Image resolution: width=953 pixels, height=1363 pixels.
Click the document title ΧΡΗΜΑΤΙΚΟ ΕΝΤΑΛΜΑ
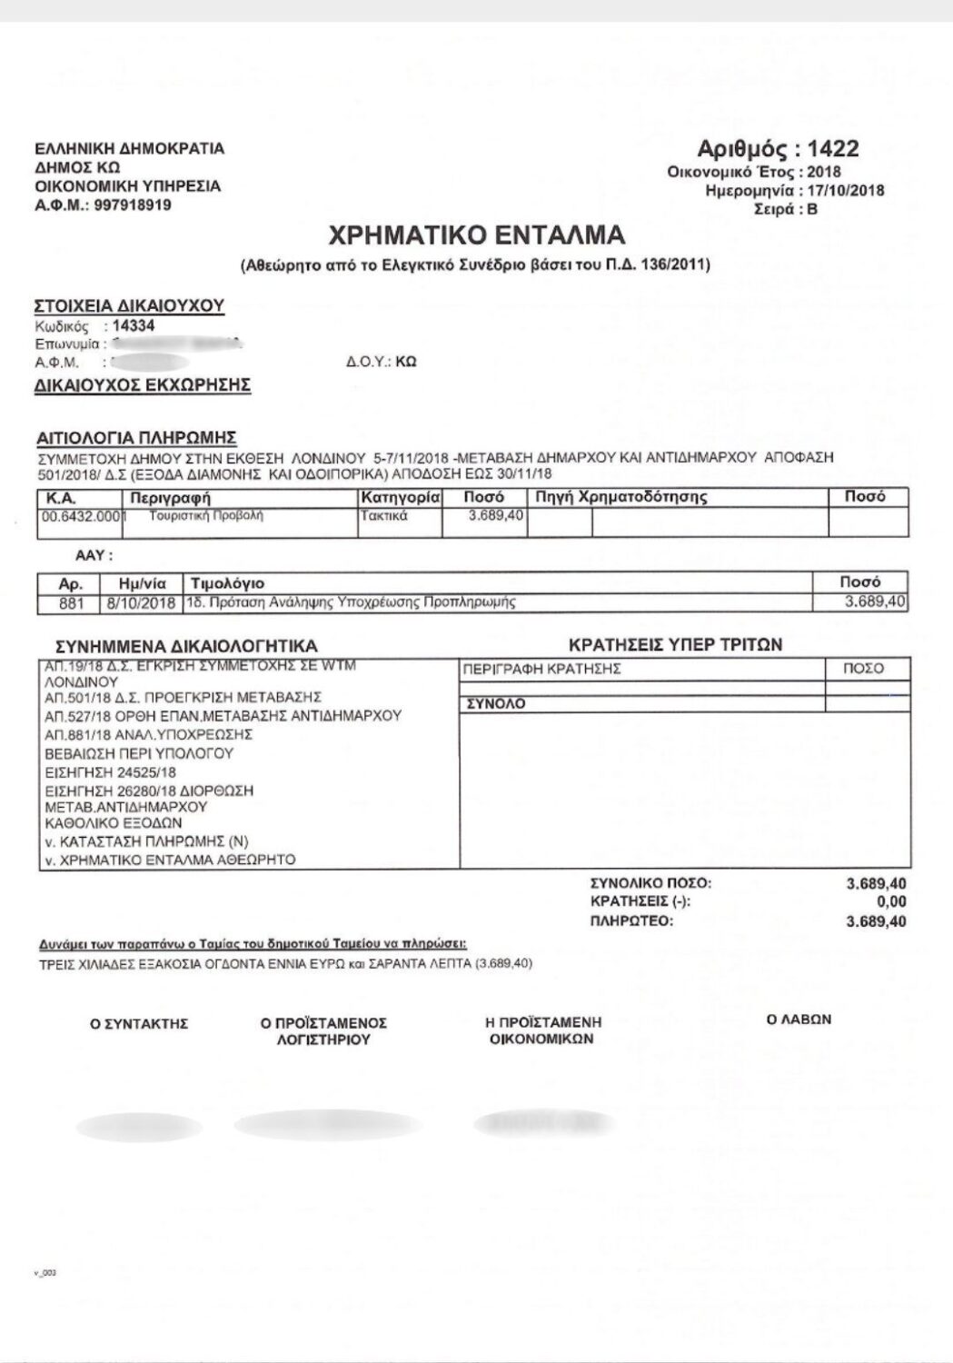476,235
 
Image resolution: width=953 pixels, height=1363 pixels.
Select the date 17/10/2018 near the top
847,191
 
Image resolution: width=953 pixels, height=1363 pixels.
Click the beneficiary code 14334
134,325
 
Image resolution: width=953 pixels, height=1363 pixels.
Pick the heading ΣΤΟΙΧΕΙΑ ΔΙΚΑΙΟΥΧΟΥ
128,305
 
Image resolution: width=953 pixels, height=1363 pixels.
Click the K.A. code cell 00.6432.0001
80,516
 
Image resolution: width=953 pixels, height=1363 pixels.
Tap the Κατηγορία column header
401,498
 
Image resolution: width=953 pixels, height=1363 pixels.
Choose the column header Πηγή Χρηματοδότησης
621,498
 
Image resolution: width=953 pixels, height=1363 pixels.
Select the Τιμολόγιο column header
226,583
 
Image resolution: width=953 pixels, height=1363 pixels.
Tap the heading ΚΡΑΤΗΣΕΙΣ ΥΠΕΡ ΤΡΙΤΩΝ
675,645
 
